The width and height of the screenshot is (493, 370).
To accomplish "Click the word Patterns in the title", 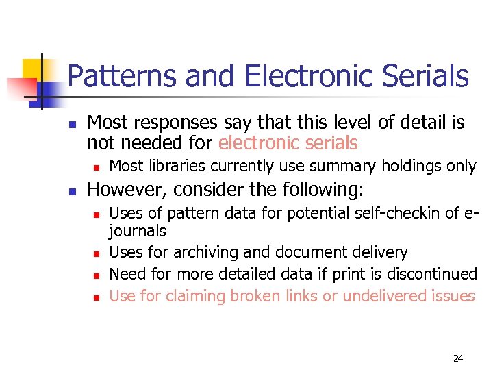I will pos(112,76).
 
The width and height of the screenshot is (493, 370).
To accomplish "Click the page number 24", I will pos(457,358).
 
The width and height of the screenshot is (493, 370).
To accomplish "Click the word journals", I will pos(138,232).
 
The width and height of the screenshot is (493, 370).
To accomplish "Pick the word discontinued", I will pos(430,274).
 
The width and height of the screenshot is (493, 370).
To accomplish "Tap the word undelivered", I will pos(388,296).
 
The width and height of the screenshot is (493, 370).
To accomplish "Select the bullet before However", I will pos(71,190).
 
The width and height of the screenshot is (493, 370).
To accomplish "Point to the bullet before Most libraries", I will pos(96,167).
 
